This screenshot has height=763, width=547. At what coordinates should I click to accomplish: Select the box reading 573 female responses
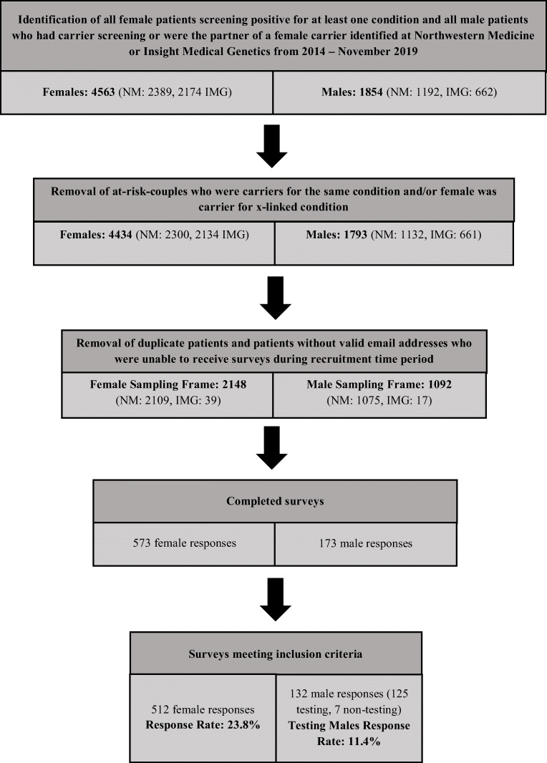184,543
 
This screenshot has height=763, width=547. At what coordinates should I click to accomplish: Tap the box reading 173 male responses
365,543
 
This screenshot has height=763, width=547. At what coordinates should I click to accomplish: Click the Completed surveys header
275,502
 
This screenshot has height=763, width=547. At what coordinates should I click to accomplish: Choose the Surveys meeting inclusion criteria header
276,654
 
